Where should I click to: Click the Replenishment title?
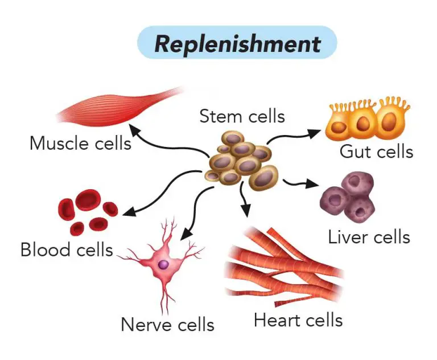coord(237,43)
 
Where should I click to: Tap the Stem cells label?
coord(242,116)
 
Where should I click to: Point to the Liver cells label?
coord(369,236)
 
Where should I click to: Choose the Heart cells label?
coord(298,320)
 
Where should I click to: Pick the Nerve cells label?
coord(167,325)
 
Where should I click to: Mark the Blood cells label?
coord(67,249)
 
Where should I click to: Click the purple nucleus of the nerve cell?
coord(163,264)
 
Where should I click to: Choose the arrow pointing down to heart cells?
coord(244,202)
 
